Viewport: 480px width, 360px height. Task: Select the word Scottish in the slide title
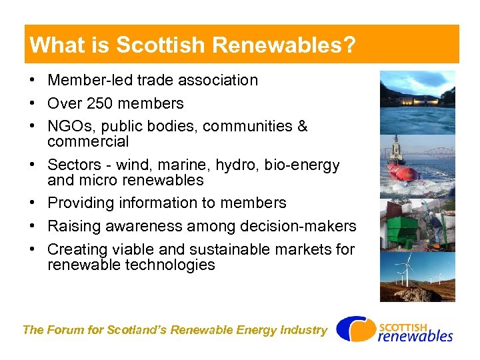point(159,45)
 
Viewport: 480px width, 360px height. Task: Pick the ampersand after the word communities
point(302,127)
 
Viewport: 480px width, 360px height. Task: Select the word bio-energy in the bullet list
point(307,165)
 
